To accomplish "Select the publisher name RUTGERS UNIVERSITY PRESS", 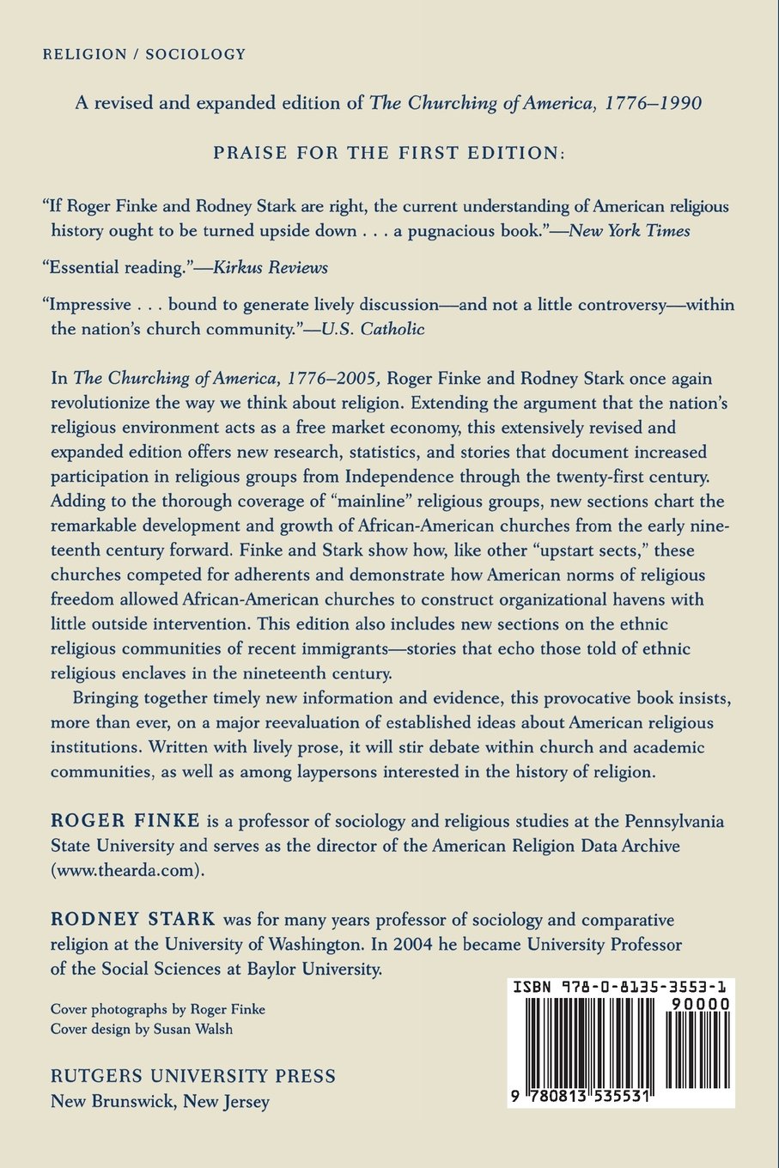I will click(193, 1076).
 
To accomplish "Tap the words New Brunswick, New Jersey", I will click(161, 1102).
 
